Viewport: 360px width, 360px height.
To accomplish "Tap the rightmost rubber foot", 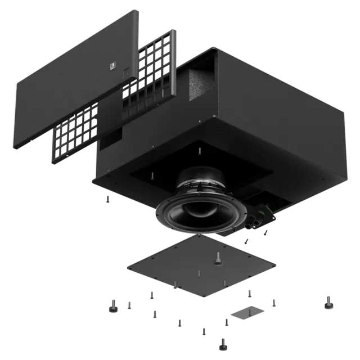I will [328, 302].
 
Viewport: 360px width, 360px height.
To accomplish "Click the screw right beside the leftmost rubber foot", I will [129, 305].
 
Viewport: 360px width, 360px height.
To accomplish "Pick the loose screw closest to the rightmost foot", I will [274, 303].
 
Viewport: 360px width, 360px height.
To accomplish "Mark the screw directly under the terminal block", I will [246, 241].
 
